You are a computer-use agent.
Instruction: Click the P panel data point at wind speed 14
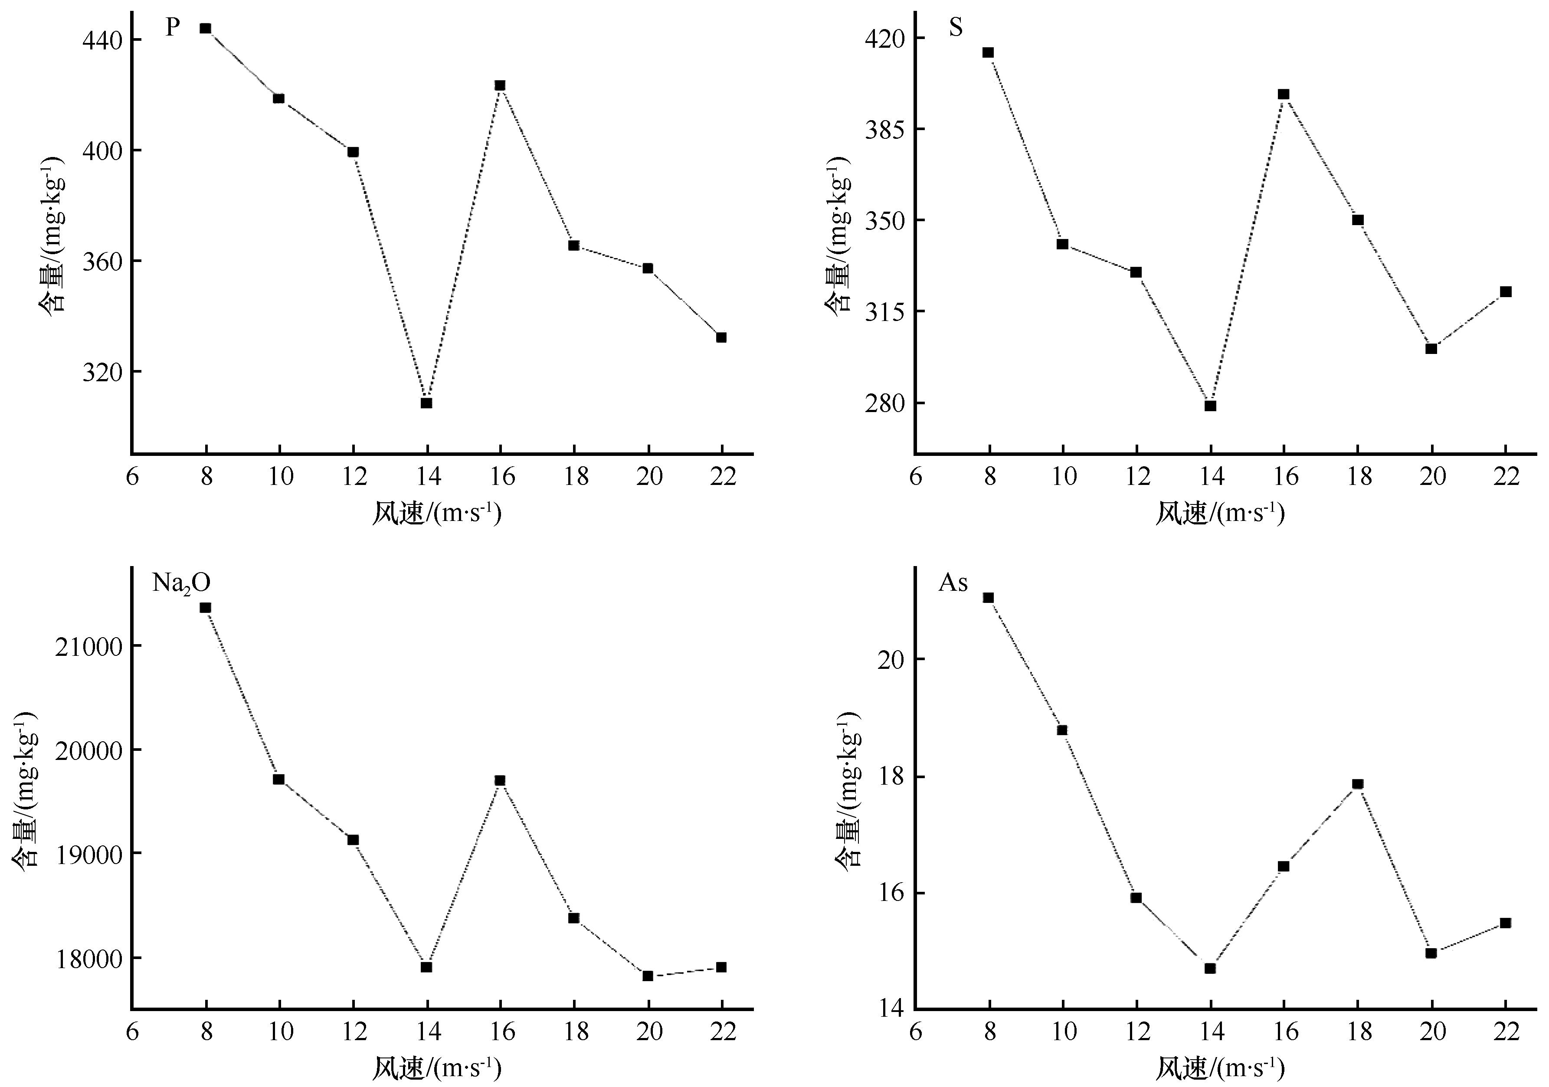426,403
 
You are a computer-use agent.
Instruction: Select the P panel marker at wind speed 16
500,85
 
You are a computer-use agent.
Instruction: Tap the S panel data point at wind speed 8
989,52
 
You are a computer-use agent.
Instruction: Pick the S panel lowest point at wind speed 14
1210,406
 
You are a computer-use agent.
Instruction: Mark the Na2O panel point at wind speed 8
206,607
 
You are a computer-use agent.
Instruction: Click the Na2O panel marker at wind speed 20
648,976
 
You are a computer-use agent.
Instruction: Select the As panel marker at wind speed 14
1210,968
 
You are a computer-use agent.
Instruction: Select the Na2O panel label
181,582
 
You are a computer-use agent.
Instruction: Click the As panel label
953,582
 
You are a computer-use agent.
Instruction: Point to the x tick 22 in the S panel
1505,477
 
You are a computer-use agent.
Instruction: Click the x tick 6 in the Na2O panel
132,1031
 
